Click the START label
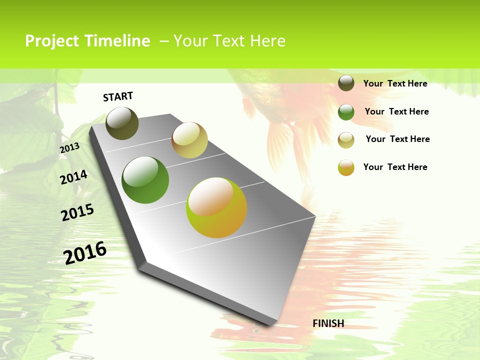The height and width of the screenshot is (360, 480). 118,96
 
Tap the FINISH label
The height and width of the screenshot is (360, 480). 328,323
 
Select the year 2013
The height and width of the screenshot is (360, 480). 69,148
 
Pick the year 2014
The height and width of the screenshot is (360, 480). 73,177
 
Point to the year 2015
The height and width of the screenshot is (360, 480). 77,212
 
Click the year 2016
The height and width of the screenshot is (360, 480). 85,252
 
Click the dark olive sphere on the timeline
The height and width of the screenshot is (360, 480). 122,123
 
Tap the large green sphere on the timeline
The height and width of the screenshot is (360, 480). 145,180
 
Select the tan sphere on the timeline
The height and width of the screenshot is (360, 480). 189,140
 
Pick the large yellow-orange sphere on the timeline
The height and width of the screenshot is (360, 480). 216,207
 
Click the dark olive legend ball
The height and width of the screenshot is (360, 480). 346,83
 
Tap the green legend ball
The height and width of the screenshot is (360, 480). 346,112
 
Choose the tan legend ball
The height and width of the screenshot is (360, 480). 346,140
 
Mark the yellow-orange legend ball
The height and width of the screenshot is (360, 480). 346,167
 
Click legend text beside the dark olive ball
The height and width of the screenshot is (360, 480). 395,83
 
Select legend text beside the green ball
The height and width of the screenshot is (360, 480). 396,111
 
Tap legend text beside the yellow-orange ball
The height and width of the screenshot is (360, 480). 395,167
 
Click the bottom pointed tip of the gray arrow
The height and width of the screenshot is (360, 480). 270,325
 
